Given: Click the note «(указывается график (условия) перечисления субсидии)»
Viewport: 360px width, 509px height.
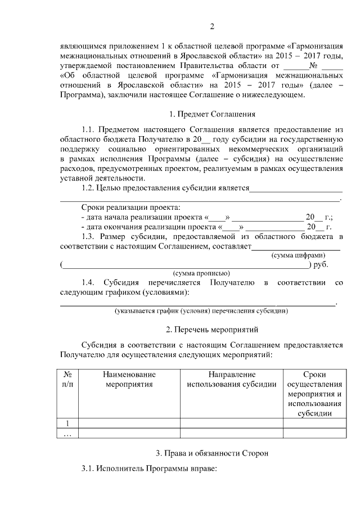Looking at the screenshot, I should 201,310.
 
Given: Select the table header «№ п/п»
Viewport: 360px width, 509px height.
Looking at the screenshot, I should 68,379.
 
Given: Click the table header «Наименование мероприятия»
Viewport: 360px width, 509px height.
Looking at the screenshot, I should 129,379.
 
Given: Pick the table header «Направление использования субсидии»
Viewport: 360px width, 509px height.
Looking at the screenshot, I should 231,379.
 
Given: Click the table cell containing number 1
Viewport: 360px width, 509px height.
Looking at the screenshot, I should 68,424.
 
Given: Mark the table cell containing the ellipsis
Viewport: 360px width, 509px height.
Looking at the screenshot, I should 68,433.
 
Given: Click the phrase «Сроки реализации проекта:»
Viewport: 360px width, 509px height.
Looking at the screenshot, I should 130,207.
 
